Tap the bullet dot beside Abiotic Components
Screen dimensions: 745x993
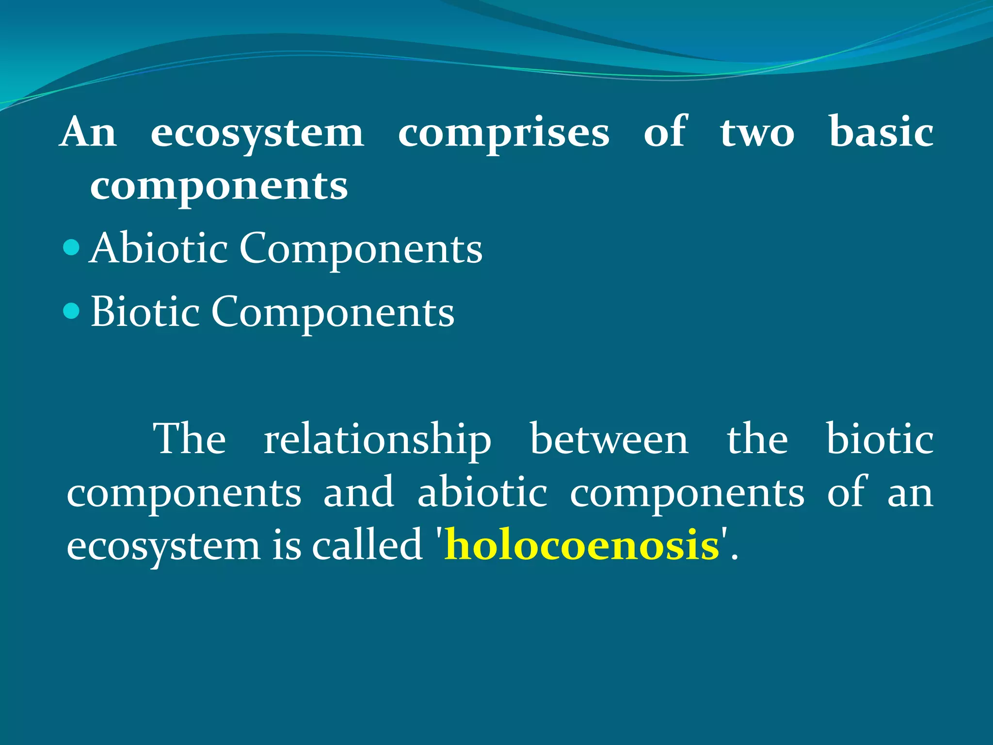coord(71,248)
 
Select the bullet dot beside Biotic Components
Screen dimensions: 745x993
coord(71,311)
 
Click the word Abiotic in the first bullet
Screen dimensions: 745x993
coord(159,248)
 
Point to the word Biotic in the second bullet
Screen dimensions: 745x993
coord(145,311)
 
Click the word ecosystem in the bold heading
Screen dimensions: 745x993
coord(257,133)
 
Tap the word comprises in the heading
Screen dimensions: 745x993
coord(503,133)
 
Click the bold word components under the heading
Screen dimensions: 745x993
coord(219,187)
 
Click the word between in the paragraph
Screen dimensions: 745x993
coord(609,439)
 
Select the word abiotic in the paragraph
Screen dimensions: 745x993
coord(482,492)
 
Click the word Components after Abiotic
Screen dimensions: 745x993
coord(361,249)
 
